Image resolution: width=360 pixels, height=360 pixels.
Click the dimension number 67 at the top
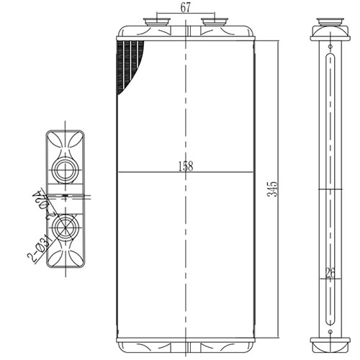(185, 8)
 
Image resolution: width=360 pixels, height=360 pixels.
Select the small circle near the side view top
(328, 45)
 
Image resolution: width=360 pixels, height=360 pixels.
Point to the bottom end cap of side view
(328, 341)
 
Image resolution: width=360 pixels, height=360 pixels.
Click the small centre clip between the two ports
(66, 197)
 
